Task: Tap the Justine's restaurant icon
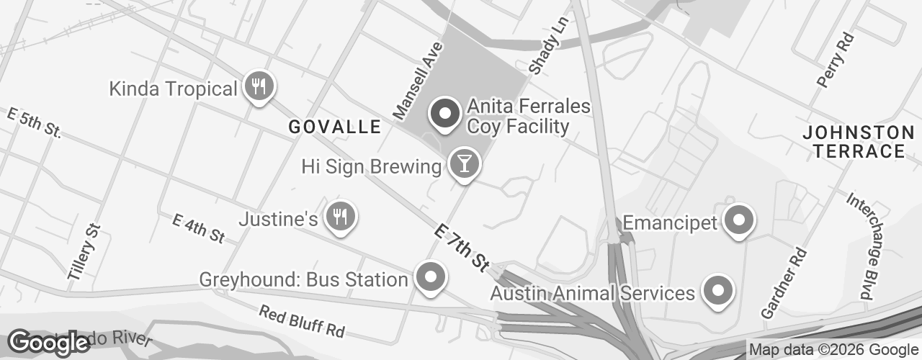point(339,216)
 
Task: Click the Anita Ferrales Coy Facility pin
point(445,114)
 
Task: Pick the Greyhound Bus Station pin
point(431,277)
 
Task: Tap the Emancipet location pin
point(738,220)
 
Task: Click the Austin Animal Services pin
point(717,290)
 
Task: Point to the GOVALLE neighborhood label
point(334,127)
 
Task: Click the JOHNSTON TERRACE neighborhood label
point(857,142)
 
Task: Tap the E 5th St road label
point(34,123)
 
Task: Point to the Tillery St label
point(86,252)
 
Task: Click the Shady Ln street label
point(548,45)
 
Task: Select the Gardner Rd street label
point(784,284)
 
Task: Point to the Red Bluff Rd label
point(302,322)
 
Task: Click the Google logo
point(48,343)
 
